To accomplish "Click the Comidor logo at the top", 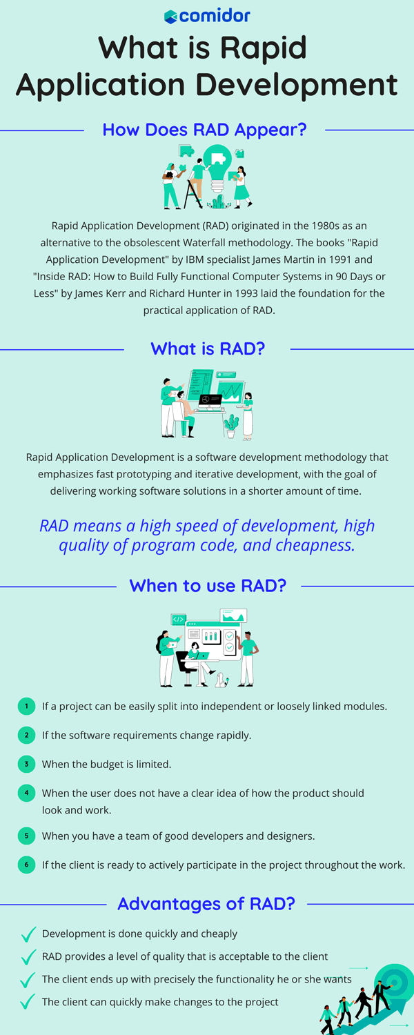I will point(207,16).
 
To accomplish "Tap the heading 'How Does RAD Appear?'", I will point(204,130).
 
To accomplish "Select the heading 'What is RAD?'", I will point(207,348).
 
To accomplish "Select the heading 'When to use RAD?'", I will point(207,586).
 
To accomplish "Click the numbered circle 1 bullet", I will point(26,706).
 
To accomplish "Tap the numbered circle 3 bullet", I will point(26,764).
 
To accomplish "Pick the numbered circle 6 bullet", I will point(26,865).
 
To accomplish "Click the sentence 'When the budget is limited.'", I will point(106,764).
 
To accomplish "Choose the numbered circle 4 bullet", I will point(26,793).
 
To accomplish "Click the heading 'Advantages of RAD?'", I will point(206,903).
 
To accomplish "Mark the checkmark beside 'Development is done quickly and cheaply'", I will point(28,934).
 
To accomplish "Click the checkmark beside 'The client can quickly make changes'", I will point(28,1001).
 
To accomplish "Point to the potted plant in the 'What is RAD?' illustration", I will point(230,424).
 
